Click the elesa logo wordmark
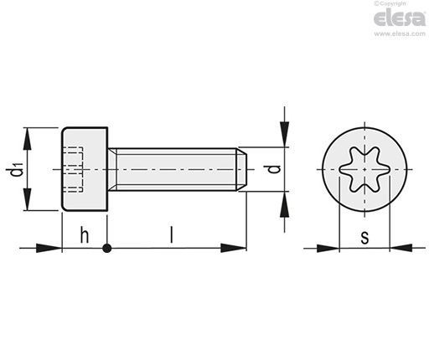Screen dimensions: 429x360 400,18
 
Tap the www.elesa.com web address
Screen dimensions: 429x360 400,33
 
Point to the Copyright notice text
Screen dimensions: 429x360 390,3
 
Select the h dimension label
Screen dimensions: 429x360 85,235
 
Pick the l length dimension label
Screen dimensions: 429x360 172,234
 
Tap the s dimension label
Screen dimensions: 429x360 364,238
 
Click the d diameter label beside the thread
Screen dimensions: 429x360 275,169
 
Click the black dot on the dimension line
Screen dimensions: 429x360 106,248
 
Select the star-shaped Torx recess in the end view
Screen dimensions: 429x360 364,169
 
